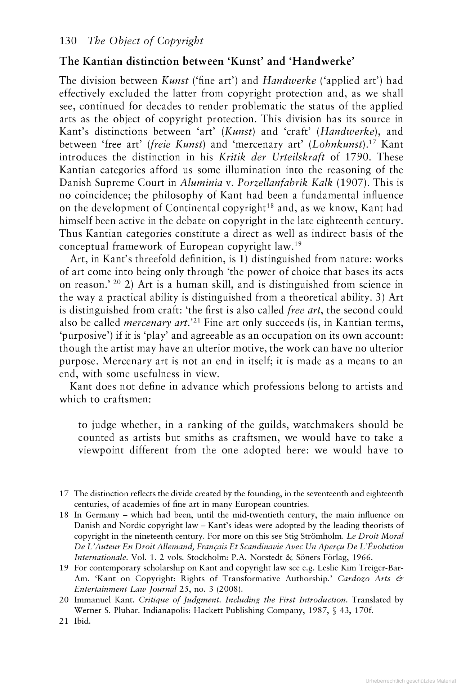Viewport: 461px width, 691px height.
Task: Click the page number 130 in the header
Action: tap(67, 41)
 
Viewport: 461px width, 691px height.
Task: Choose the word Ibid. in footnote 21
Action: tap(82, 621)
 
